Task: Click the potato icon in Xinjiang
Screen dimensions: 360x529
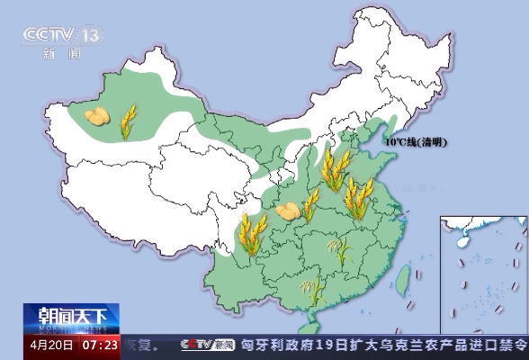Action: point(98,116)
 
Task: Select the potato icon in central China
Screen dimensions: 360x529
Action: point(288,211)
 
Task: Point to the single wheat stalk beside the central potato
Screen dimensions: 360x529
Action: point(311,206)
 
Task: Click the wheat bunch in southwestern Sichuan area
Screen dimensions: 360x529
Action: point(252,234)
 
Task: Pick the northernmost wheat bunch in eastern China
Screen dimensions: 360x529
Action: point(335,170)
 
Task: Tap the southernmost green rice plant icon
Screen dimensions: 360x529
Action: point(314,290)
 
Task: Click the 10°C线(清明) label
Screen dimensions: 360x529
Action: point(417,142)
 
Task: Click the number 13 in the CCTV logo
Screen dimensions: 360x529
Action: point(92,35)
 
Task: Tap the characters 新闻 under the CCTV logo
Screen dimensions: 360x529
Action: point(61,53)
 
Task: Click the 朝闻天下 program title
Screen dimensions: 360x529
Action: point(72,317)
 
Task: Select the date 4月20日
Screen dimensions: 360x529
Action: point(51,344)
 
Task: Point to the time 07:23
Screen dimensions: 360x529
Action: point(100,344)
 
